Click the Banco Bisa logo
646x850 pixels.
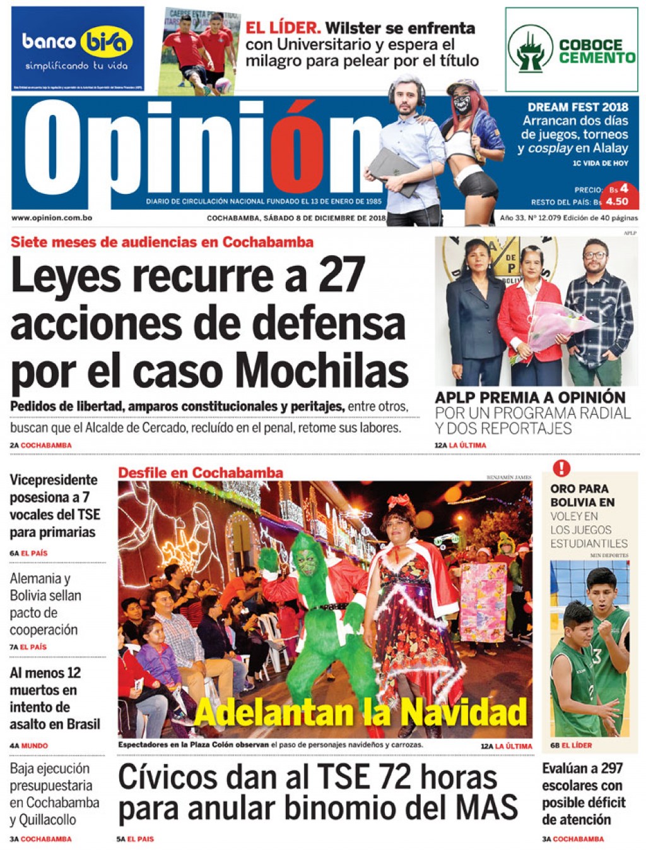pos(77,43)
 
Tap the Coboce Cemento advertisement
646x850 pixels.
pos(572,50)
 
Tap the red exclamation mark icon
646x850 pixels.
pos(561,469)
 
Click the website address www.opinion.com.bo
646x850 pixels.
pos(52,218)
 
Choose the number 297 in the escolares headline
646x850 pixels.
pos(611,769)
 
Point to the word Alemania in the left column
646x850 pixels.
pos(35,578)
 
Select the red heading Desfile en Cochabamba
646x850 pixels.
pos(201,472)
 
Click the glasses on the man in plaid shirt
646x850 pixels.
pos(594,255)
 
